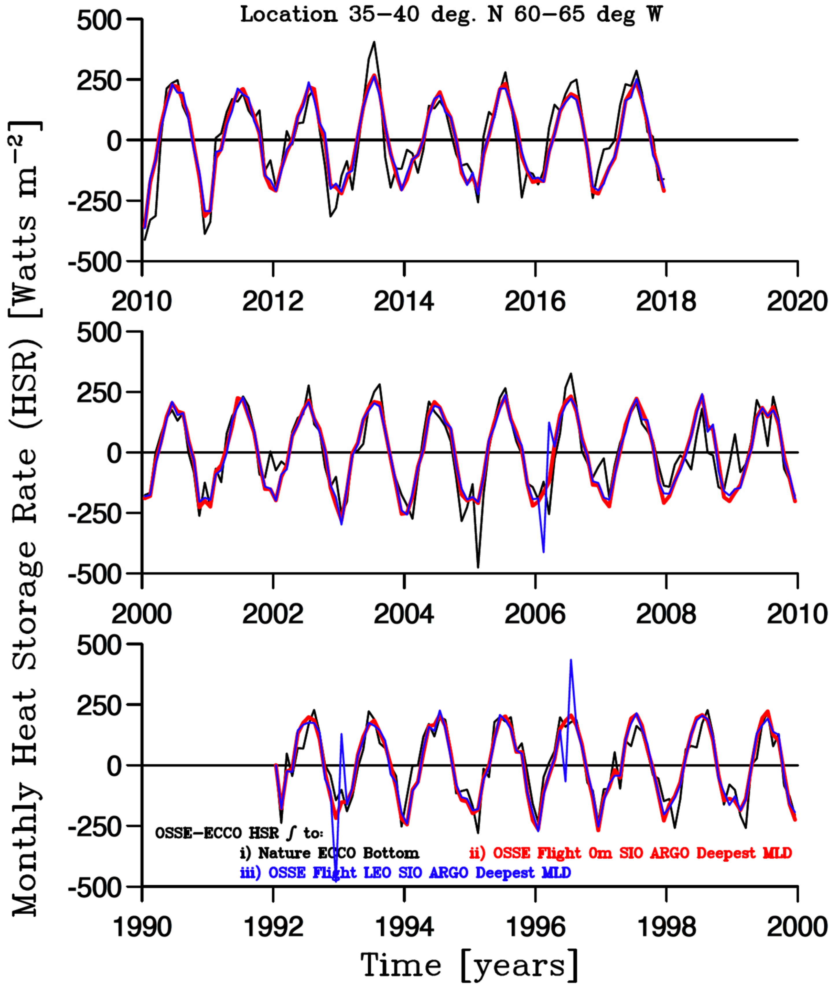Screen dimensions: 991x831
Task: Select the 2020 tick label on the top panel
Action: coord(797,301)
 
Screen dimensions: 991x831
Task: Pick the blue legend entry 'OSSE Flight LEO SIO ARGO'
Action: coord(406,872)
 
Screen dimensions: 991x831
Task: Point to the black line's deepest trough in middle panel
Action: coord(478,567)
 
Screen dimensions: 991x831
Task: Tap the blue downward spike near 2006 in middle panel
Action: coord(543,551)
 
